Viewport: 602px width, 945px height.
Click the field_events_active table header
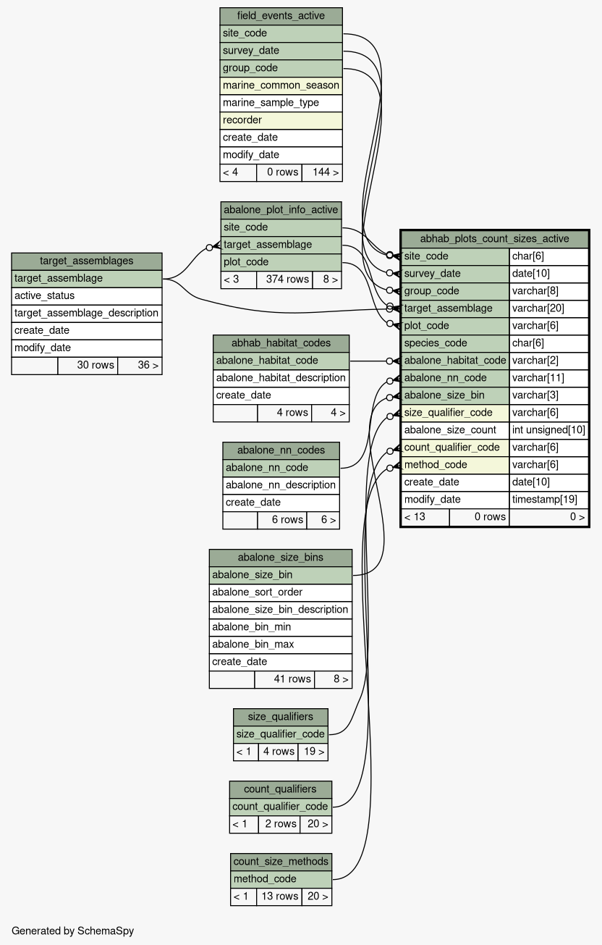coord(281,16)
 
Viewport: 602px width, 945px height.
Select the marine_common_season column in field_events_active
coord(281,85)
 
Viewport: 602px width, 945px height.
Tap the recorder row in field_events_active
coord(281,120)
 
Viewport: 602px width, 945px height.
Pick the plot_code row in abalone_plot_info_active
coord(281,262)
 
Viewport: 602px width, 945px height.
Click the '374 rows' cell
coord(284,280)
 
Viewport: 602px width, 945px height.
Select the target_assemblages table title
coord(86,261)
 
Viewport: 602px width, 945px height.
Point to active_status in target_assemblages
coord(86,295)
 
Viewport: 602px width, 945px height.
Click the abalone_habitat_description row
coord(281,378)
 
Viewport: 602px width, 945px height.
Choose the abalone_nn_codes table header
coord(281,450)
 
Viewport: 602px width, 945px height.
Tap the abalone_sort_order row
coord(281,592)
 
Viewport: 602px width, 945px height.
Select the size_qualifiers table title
coord(281,717)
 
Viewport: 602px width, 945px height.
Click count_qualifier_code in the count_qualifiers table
coord(281,807)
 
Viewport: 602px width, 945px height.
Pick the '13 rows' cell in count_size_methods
coord(279,896)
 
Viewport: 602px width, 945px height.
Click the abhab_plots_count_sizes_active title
coord(494,239)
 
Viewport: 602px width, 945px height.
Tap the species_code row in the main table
coord(455,343)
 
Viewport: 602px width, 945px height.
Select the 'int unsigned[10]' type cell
coord(548,430)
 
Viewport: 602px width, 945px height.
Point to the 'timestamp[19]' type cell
coord(548,500)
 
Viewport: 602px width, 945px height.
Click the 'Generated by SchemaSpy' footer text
coord(73,931)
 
